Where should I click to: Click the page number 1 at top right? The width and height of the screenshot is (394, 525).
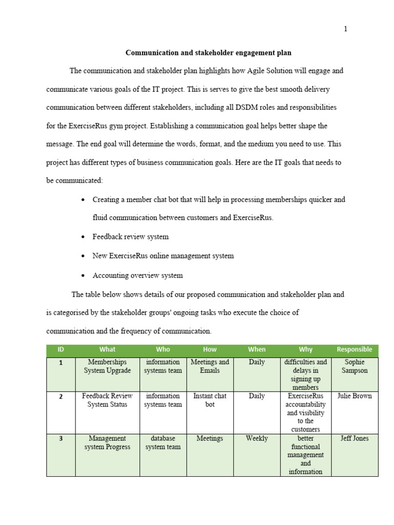(x=345, y=29)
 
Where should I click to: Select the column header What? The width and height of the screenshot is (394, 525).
(x=107, y=350)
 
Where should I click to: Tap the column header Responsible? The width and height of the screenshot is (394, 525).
(x=354, y=350)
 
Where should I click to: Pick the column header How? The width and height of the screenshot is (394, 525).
(x=210, y=350)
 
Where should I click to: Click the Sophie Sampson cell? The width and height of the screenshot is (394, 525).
(x=354, y=366)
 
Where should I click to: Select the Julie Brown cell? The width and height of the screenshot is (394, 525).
(x=354, y=396)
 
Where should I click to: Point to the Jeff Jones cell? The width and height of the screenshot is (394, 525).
(x=354, y=438)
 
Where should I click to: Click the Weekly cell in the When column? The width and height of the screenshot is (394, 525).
(x=257, y=438)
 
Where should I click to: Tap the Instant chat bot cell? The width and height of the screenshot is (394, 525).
(x=210, y=400)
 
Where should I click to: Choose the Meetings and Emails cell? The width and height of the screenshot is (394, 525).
(x=210, y=366)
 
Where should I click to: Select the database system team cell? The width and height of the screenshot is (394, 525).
(x=163, y=442)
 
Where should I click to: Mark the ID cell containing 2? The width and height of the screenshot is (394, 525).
(x=61, y=396)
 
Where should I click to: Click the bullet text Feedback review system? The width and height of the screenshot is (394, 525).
(x=130, y=237)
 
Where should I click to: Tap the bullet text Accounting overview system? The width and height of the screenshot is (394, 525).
(x=137, y=275)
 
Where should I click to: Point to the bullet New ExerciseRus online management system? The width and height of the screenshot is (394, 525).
(x=163, y=256)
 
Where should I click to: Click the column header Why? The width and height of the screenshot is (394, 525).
(x=305, y=350)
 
